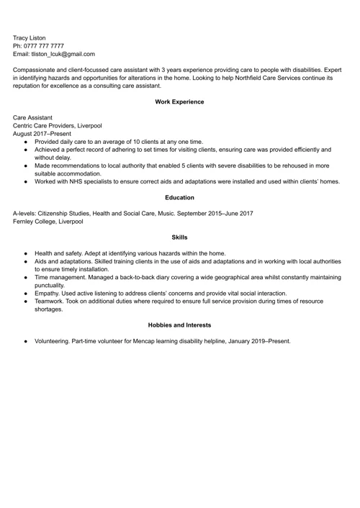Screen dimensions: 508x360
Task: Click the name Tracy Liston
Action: pyautogui.click(x=30, y=37)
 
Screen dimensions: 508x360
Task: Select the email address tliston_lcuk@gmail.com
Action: pyautogui.click(x=63, y=53)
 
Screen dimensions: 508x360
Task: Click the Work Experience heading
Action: pyautogui.click(x=179, y=102)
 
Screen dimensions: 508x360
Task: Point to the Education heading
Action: pyautogui.click(x=179, y=197)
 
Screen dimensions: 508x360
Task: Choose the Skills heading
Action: pyautogui.click(x=179, y=237)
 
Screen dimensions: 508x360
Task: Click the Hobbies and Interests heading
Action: pyautogui.click(x=179, y=325)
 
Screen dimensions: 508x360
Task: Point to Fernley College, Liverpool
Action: pyautogui.click(x=48, y=221)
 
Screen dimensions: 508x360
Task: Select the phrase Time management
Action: pyautogui.click(x=62, y=277)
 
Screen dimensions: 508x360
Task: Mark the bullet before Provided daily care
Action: pyautogui.click(x=25, y=142)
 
